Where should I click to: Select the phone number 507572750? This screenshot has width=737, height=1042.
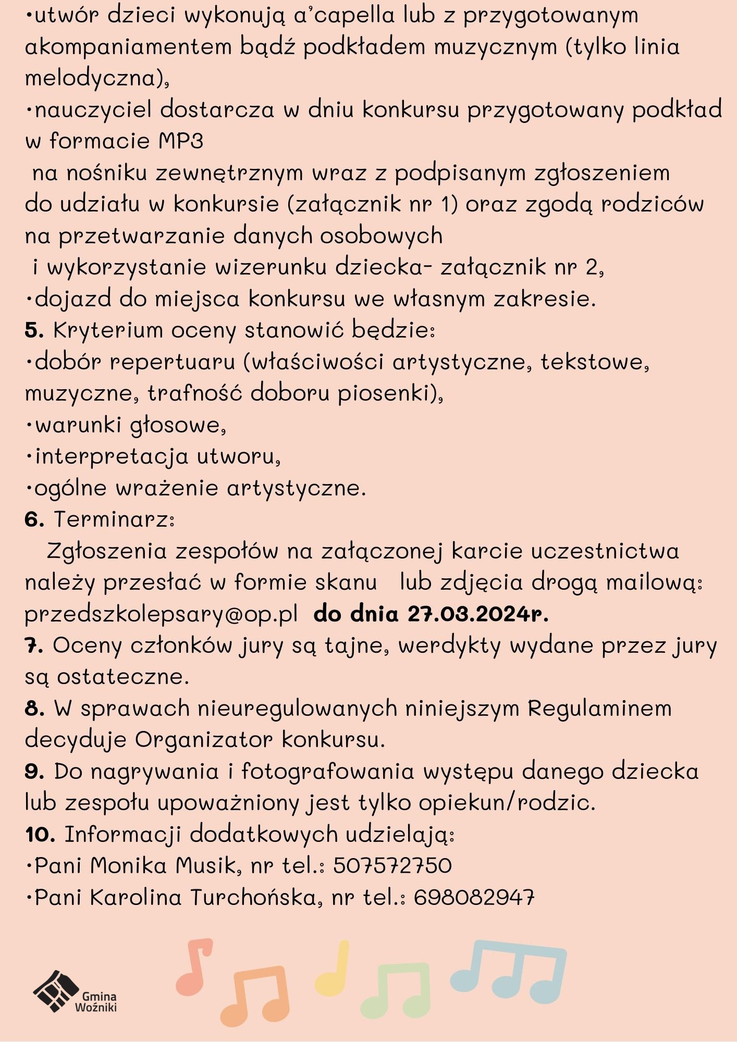click(x=392, y=866)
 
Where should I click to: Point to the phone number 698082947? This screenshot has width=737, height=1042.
click(x=474, y=897)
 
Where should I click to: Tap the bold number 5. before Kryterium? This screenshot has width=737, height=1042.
click(x=34, y=330)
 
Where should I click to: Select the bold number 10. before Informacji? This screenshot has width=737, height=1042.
click(x=40, y=835)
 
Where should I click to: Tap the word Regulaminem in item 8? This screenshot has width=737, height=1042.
click(x=599, y=709)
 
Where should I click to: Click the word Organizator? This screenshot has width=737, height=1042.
click(x=204, y=740)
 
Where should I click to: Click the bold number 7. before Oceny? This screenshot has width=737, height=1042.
click(x=33, y=646)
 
